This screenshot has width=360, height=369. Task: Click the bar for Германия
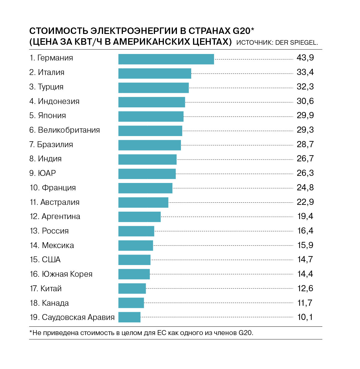click(x=166, y=59)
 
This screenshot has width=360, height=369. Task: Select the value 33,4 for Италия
click(x=305, y=72)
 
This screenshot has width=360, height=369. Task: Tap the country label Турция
click(x=51, y=87)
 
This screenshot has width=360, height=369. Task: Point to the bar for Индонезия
click(x=152, y=102)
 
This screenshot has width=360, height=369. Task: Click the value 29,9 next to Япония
click(x=305, y=115)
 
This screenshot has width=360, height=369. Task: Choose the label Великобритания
click(x=69, y=130)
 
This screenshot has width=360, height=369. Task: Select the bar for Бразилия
click(x=149, y=145)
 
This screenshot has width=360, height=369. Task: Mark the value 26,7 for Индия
click(x=305, y=159)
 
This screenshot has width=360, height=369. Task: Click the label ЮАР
click(x=47, y=173)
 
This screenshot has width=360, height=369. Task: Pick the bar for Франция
click(x=145, y=188)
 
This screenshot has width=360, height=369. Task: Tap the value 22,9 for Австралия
click(x=305, y=202)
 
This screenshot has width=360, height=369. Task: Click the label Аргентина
click(x=61, y=217)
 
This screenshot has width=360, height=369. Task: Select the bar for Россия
click(x=136, y=231)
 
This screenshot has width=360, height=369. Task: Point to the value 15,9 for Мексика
click(x=305, y=245)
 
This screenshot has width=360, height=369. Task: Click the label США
click(x=51, y=260)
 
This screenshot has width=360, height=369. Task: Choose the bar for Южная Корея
click(x=134, y=274)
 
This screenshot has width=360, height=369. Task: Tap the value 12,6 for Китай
click(x=305, y=288)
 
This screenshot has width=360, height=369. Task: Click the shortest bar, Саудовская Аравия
click(x=129, y=317)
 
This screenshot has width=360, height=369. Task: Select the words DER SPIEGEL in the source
click(x=296, y=43)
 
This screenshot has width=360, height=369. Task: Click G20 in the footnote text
click(x=245, y=333)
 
